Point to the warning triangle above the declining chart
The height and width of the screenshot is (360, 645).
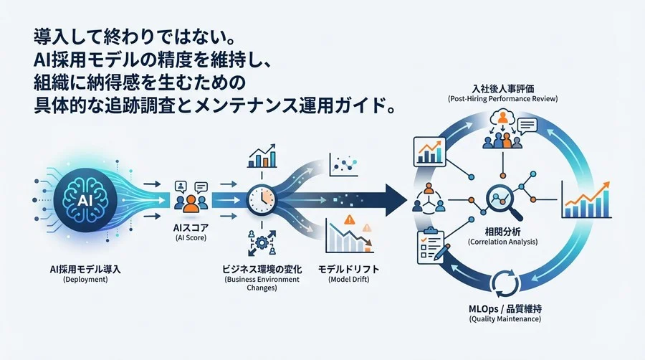[350, 221]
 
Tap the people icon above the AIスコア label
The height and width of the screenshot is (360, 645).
[189, 198]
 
